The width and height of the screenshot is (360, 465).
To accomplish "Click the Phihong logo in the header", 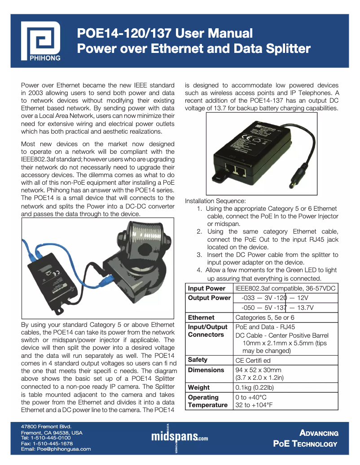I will click(x=41, y=40).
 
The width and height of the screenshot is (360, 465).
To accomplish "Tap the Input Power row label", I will click(x=206, y=288).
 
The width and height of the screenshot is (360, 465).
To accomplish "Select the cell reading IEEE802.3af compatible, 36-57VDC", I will click(x=285, y=288).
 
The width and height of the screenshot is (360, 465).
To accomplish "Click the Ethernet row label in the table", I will click(x=201, y=317).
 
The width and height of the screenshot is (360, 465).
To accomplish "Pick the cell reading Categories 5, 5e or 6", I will click(x=268, y=317).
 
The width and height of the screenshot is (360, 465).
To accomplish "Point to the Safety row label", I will click(x=198, y=360).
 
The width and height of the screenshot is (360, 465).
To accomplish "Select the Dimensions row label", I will click(x=206, y=370).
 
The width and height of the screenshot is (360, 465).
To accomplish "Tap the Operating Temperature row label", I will click(x=207, y=401).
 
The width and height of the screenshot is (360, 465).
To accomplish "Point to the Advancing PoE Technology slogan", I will click(x=306, y=439).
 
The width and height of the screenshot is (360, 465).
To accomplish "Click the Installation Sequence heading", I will click(x=215, y=201).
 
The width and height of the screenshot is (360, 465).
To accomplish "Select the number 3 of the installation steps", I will click(x=199, y=255).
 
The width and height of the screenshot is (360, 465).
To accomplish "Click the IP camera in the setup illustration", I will click(x=135, y=260).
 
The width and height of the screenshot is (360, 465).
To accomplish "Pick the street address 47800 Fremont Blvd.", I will click(x=46, y=426).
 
